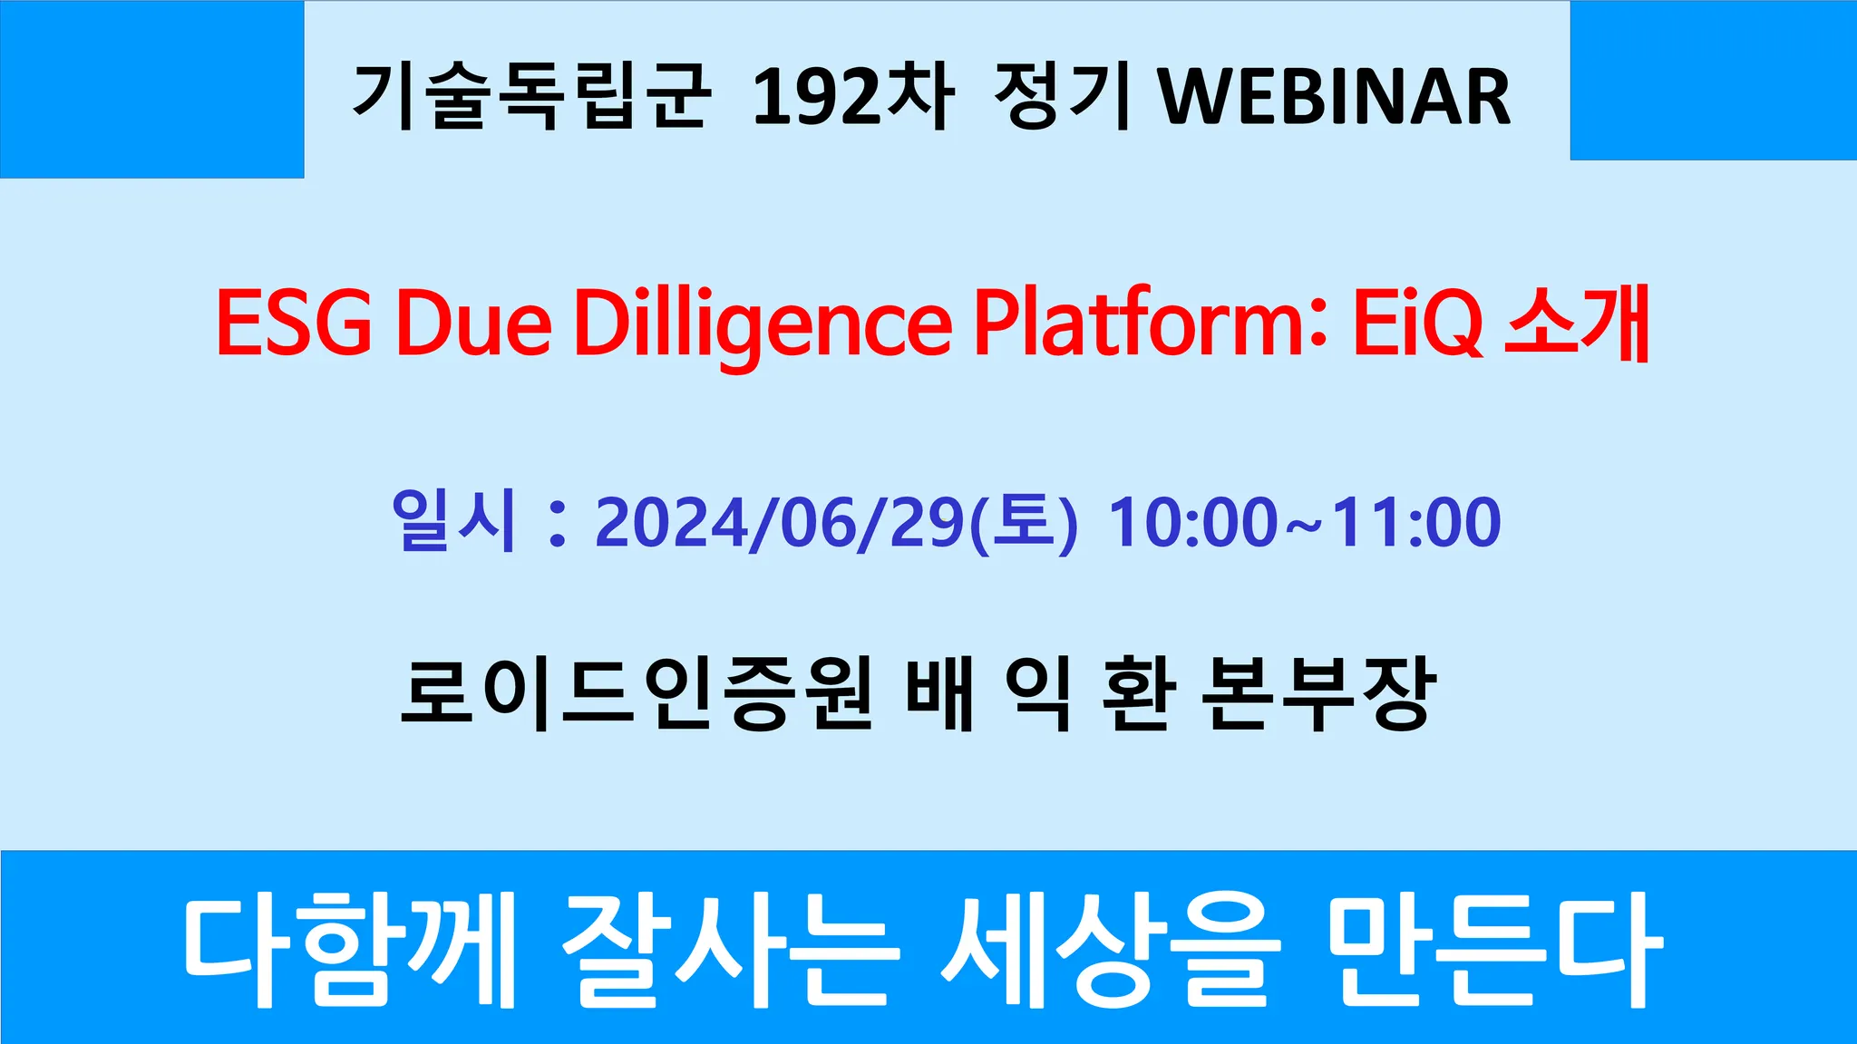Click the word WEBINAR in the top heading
pyautogui.click(x=1335, y=96)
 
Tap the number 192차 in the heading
pyautogui.click(x=852, y=96)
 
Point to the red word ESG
pyautogui.click(x=294, y=323)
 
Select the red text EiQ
pyautogui.click(x=1417, y=324)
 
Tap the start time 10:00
pyautogui.click(x=1193, y=523)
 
